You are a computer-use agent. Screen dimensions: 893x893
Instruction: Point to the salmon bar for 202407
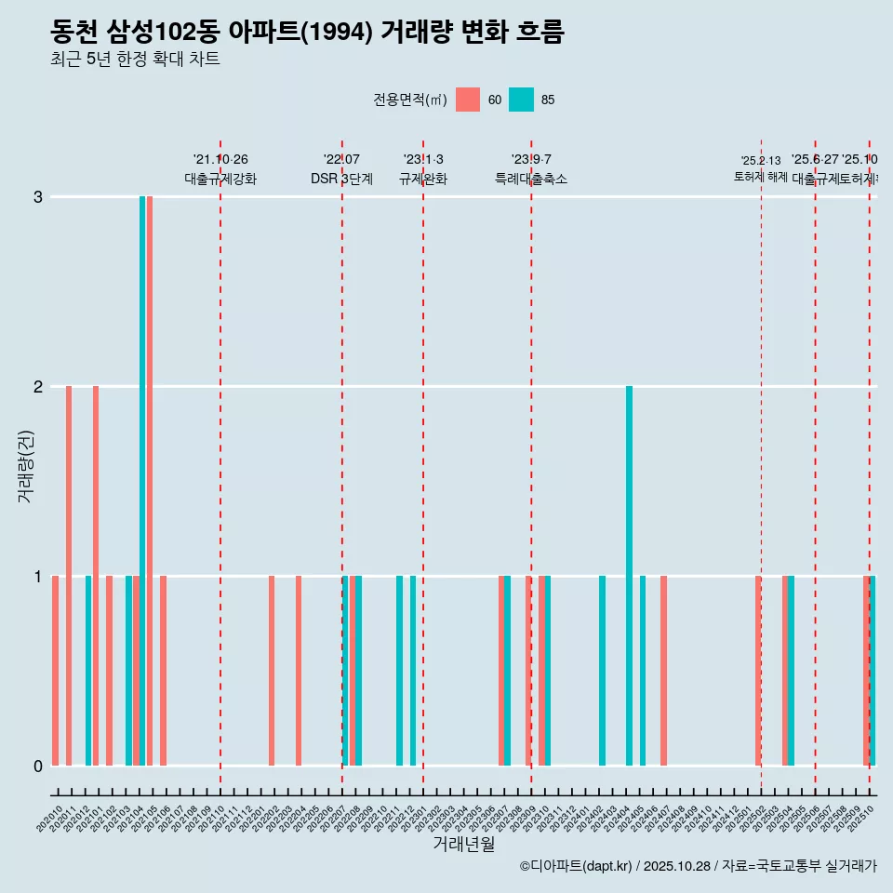[x=663, y=670]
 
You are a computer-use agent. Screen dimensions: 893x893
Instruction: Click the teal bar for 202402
[x=603, y=670]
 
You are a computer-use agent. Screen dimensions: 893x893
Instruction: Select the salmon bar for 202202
[x=272, y=670]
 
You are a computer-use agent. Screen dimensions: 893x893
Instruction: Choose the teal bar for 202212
[x=413, y=670]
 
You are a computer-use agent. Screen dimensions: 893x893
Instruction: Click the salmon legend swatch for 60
[x=468, y=100]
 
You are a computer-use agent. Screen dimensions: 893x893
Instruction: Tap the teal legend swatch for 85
[x=522, y=100]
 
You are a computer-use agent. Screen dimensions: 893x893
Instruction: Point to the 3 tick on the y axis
[x=38, y=197]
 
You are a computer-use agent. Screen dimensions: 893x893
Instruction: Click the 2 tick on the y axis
[x=38, y=387]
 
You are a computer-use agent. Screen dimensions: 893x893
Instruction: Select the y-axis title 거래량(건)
[x=25, y=466]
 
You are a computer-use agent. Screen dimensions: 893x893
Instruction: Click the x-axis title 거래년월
[x=463, y=844]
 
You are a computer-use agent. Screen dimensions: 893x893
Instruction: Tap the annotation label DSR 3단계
[x=341, y=179]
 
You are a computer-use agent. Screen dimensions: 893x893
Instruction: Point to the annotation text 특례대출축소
[x=531, y=179]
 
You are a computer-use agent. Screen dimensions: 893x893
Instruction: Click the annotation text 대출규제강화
[x=220, y=179]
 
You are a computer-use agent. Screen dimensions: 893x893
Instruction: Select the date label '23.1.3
[x=423, y=159]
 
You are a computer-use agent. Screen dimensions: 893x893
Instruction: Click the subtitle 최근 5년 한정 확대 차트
[x=136, y=60]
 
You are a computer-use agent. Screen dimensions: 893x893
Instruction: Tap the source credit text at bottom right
[x=698, y=866]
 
